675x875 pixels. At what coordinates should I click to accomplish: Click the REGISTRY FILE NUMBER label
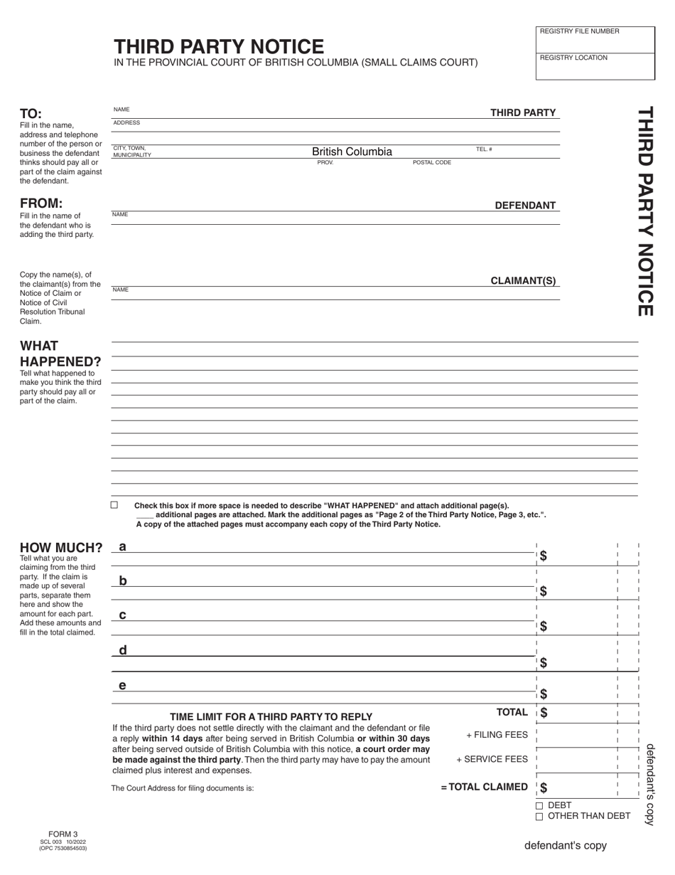579,31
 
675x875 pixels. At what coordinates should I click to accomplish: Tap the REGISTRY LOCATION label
573,58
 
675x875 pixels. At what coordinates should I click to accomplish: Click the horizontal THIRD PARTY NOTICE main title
219,47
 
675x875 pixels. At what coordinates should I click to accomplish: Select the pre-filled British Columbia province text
352,152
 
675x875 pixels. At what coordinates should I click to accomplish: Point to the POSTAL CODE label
432,163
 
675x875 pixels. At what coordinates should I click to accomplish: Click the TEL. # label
484,149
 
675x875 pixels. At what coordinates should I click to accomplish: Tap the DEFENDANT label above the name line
525,206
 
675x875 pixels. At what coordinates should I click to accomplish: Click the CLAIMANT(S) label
523,281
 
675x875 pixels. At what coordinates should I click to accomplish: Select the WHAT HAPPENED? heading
60,354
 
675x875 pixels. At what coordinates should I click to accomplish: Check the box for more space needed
114,505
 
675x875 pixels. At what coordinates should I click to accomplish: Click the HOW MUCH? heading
61,548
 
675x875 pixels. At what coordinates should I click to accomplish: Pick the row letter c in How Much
123,615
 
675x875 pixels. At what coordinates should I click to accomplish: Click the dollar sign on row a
544,556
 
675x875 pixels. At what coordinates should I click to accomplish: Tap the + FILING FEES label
497,735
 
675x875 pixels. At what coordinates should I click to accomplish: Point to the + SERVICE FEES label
492,759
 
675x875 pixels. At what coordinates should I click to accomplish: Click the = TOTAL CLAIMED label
484,787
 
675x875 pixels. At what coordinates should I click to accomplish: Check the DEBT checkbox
539,806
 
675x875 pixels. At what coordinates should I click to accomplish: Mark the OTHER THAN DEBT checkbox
539,817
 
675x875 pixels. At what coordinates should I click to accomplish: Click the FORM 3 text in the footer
63,834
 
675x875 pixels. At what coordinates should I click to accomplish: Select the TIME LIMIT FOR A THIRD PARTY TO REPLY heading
271,716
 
